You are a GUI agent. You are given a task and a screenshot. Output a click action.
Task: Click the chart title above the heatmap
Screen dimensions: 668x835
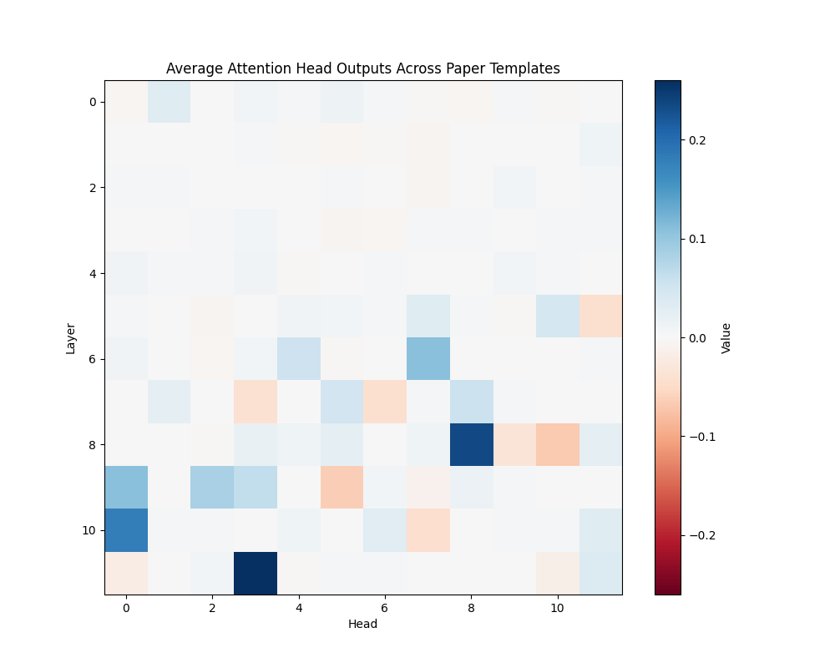click(x=362, y=68)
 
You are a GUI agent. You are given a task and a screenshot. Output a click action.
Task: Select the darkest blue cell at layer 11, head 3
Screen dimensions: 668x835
click(x=256, y=573)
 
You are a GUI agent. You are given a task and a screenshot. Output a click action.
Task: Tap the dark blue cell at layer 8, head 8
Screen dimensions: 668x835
click(x=472, y=444)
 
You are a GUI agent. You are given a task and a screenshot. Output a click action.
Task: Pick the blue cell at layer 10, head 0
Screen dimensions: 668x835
click(x=126, y=530)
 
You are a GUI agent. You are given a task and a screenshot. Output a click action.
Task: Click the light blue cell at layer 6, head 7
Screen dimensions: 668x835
click(x=428, y=358)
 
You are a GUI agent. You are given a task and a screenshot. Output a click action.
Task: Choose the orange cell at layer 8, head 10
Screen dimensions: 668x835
click(x=558, y=444)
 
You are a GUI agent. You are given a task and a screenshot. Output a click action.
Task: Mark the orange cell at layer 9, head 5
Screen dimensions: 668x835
click(x=342, y=487)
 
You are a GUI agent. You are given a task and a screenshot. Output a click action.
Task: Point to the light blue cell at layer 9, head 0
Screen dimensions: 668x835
click(x=126, y=487)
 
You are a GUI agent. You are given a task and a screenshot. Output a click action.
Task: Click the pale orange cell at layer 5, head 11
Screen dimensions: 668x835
click(x=600, y=316)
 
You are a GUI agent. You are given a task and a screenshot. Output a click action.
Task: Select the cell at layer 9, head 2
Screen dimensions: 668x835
click(x=212, y=487)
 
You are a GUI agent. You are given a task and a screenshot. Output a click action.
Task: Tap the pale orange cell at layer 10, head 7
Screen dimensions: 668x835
click(x=428, y=530)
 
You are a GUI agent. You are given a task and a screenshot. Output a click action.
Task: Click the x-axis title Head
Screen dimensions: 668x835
click(x=362, y=624)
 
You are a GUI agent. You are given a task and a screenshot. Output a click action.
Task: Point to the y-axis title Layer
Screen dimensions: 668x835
click(x=71, y=337)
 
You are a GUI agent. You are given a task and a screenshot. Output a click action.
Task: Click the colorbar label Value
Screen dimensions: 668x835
click(x=726, y=337)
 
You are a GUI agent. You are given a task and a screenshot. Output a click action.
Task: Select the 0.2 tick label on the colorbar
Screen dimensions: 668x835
click(x=697, y=140)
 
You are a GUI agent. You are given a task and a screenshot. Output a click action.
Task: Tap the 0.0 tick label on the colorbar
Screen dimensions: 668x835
click(x=697, y=337)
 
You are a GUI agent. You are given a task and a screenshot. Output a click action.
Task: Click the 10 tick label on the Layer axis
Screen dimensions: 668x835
click(x=91, y=530)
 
